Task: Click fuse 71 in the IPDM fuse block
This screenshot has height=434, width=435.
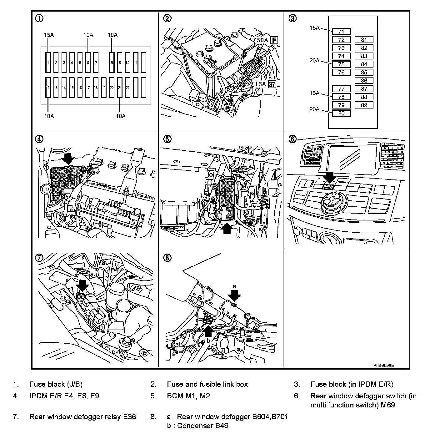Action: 341,32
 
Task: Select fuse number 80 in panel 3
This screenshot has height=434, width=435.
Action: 341,113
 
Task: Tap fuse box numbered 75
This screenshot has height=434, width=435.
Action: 341,64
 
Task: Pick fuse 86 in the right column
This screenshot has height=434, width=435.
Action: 364,80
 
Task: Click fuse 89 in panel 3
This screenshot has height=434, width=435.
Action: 364,105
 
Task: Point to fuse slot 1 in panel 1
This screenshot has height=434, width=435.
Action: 48,63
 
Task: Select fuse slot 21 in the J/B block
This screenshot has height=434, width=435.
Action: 120,88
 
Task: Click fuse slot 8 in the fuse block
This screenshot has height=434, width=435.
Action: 112,63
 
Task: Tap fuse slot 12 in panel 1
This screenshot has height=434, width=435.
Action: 48,88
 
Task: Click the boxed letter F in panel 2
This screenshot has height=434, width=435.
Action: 274,40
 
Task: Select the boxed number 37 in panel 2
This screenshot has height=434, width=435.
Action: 272,84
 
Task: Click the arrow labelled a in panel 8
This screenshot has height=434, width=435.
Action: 234,295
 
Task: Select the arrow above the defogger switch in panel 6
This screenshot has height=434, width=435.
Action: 329,177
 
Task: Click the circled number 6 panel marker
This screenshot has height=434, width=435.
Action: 292,139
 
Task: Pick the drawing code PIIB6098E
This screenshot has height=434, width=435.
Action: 383,365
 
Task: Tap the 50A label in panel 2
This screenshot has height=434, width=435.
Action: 262,40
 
